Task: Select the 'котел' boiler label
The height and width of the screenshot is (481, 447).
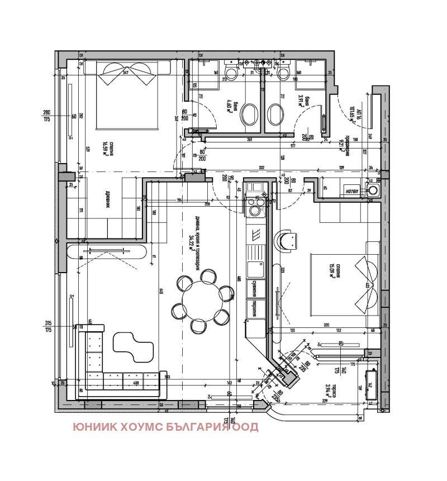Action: pyautogui.click(x=352, y=189)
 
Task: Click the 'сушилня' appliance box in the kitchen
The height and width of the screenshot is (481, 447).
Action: pyautogui.click(x=256, y=287)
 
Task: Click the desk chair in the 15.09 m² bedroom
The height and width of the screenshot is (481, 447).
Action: pyautogui.click(x=288, y=241)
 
